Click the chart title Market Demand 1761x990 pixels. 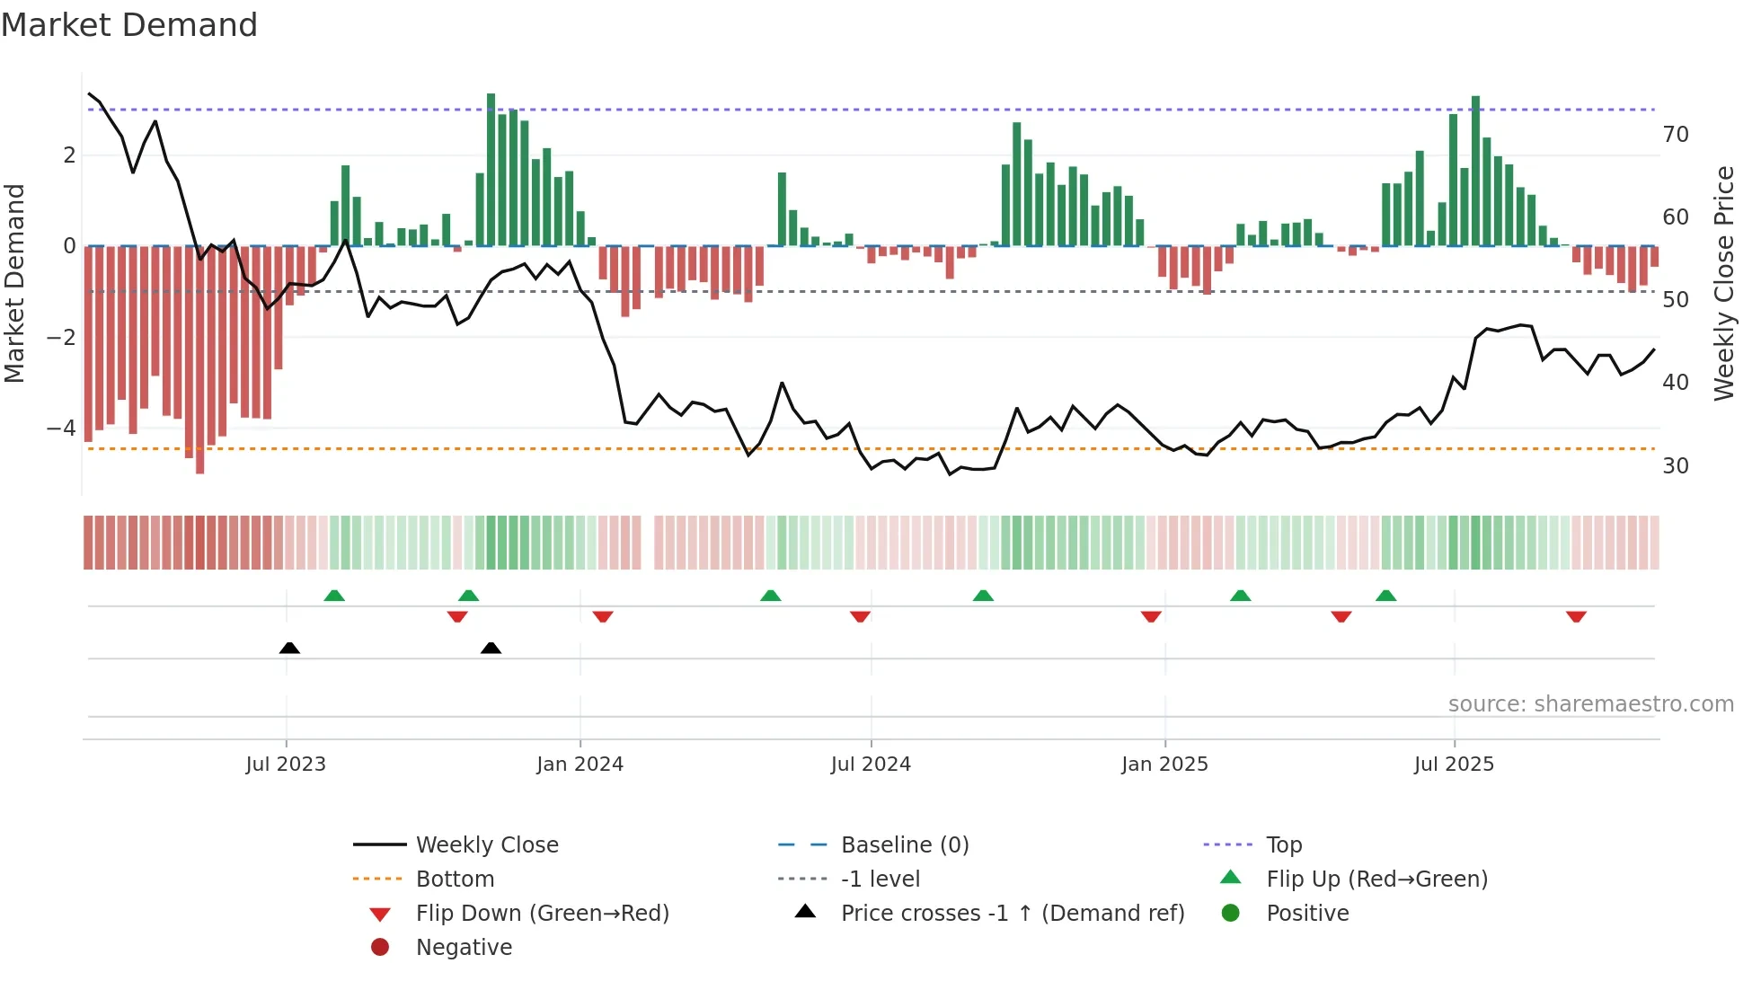pos(129,25)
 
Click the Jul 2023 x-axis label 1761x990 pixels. pos(286,765)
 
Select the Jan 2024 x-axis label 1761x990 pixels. pos(580,765)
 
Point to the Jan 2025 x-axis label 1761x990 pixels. pos(1164,765)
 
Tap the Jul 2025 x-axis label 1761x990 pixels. pos(1454,765)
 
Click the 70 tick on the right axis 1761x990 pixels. pos(1675,135)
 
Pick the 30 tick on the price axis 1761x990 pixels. pos(1675,466)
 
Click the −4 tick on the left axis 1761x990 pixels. pos(61,428)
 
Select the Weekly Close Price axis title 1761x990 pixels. pos(1723,283)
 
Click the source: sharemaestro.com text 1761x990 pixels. pos(1590,704)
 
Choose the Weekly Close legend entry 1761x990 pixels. pos(486,845)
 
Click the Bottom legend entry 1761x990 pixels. pos(455,880)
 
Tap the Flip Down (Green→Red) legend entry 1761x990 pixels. pos(542,914)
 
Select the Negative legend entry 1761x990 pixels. pos(464,948)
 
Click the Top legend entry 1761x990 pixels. pos(1283,845)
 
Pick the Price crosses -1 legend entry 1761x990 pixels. pos(1012,914)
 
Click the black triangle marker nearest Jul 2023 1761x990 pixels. pos(289,649)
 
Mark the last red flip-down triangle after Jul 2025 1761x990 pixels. pos(1576,616)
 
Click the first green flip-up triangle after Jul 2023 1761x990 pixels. pos(334,596)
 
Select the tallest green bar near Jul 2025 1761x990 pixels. pos(1475,171)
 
